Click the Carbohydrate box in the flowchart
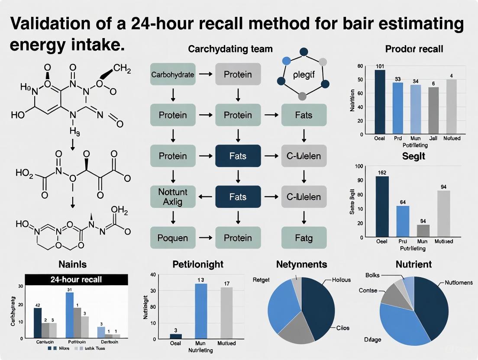pyautogui.click(x=172, y=74)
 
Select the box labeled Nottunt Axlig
pyautogui.click(x=172, y=197)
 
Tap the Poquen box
pyautogui.click(x=172, y=238)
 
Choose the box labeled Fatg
pyautogui.click(x=303, y=238)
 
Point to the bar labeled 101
pyautogui.click(x=380, y=102)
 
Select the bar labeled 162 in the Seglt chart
pyautogui.click(x=382, y=206)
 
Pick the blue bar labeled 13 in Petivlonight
pyautogui.click(x=201, y=311)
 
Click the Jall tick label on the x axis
pyautogui.click(x=433, y=138)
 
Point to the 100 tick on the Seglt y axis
pyautogui.click(x=358, y=167)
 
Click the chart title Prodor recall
pyautogui.click(x=414, y=49)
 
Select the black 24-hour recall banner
pyautogui.click(x=76, y=279)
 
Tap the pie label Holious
pyautogui.click(x=341, y=280)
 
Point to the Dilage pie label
pyautogui.click(x=373, y=340)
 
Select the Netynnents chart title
pyautogui.click(x=301, y=264)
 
